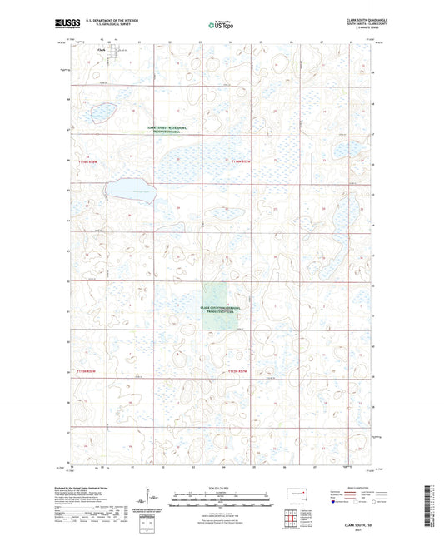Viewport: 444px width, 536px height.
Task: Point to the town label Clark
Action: click(102, 48)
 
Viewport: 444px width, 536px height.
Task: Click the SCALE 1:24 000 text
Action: click(222, 487)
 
